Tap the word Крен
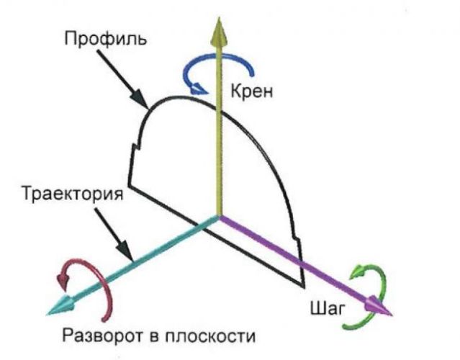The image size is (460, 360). coord(253,91)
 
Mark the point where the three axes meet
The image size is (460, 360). coord(218,216)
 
